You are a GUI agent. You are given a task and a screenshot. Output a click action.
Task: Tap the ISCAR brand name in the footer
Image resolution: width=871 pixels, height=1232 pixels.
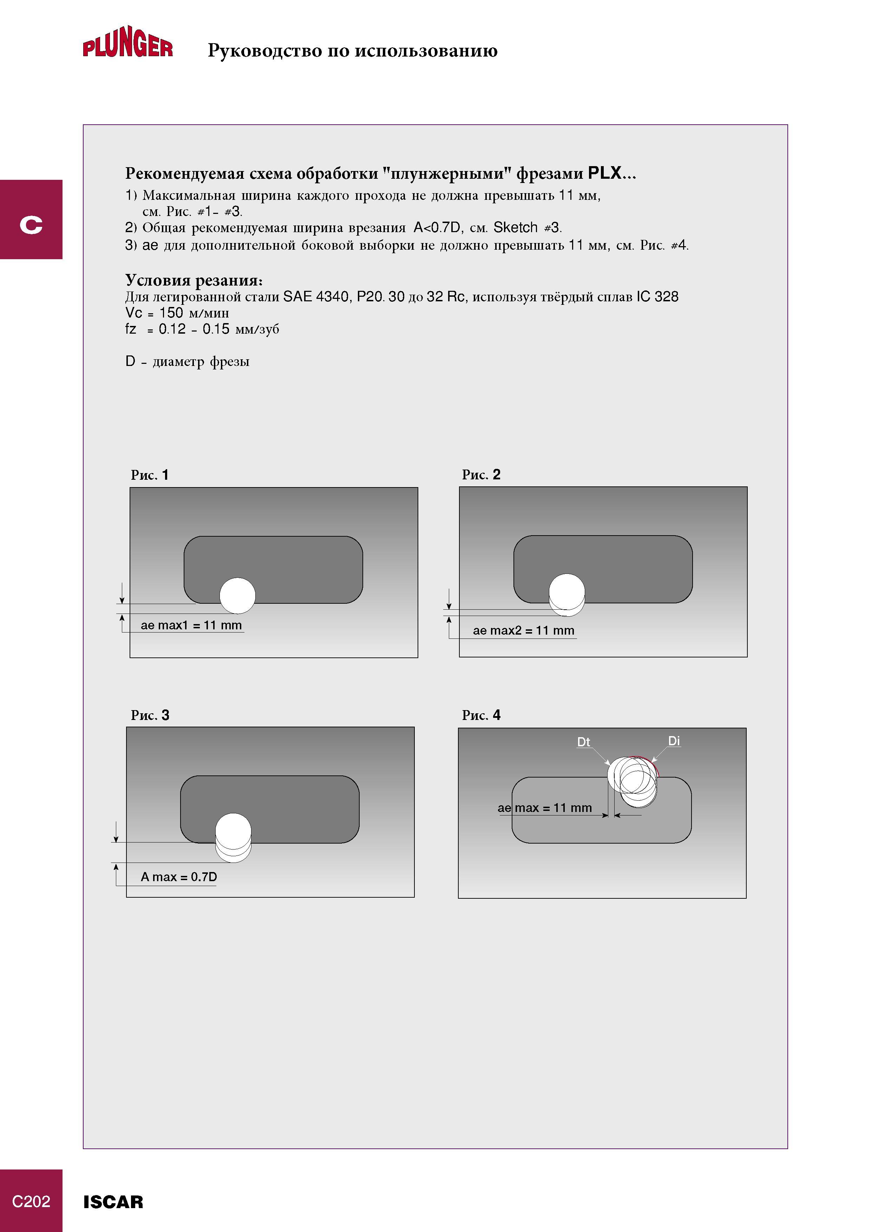click(113, 1202)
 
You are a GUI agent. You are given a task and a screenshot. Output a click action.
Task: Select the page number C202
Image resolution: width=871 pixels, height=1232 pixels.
click(31, 1201)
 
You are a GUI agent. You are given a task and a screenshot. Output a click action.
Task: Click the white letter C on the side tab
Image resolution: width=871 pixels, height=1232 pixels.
click(31, 224)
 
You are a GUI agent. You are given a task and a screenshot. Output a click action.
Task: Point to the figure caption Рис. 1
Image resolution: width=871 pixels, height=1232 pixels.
click(150, 475)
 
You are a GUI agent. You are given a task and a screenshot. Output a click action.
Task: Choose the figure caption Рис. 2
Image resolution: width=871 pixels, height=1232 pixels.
click(481, 474)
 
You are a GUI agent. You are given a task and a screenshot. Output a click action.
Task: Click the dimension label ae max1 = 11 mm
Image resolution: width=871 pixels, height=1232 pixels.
click(191, 625)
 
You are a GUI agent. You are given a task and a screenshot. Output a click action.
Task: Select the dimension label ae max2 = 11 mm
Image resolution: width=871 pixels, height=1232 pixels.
click(523, 630)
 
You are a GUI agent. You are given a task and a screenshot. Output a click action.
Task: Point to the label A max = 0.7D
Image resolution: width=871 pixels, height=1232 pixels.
click(179, 877)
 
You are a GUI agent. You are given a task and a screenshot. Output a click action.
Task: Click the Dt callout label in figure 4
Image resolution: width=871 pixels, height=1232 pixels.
click(583, 742)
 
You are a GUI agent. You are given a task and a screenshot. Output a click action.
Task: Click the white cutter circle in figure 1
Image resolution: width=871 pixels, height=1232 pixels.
click(238, 596)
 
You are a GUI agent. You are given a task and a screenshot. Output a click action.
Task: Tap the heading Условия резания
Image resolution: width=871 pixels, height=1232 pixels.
click(194, 280)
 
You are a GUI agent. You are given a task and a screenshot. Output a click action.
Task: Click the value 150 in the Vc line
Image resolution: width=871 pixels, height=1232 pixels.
click(171, 313)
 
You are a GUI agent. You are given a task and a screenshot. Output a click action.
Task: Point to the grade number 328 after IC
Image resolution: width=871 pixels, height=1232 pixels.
click(667, 297)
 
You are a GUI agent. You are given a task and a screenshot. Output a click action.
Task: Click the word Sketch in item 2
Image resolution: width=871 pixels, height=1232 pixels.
click(515, 228)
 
